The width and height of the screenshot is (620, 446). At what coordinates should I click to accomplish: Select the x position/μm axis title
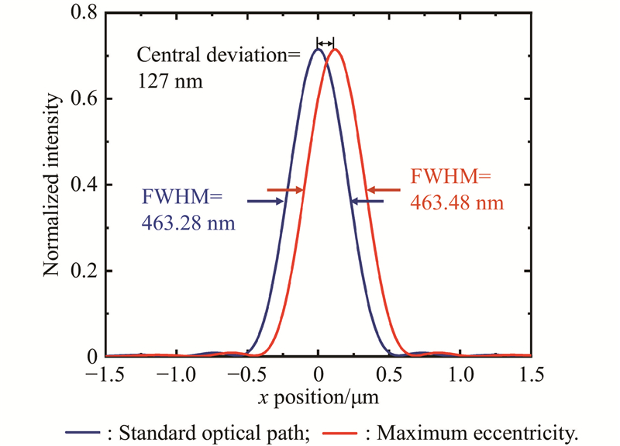[318, 396]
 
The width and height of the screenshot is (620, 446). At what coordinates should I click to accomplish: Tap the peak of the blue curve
[318, 49]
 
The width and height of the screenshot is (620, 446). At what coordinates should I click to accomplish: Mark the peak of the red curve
[336, 49]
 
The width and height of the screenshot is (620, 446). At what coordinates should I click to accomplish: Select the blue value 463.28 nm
[189, 223]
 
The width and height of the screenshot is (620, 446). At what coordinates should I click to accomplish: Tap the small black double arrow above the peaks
[326, 43]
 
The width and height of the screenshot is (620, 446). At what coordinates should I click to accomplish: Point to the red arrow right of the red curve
[385, 189]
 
